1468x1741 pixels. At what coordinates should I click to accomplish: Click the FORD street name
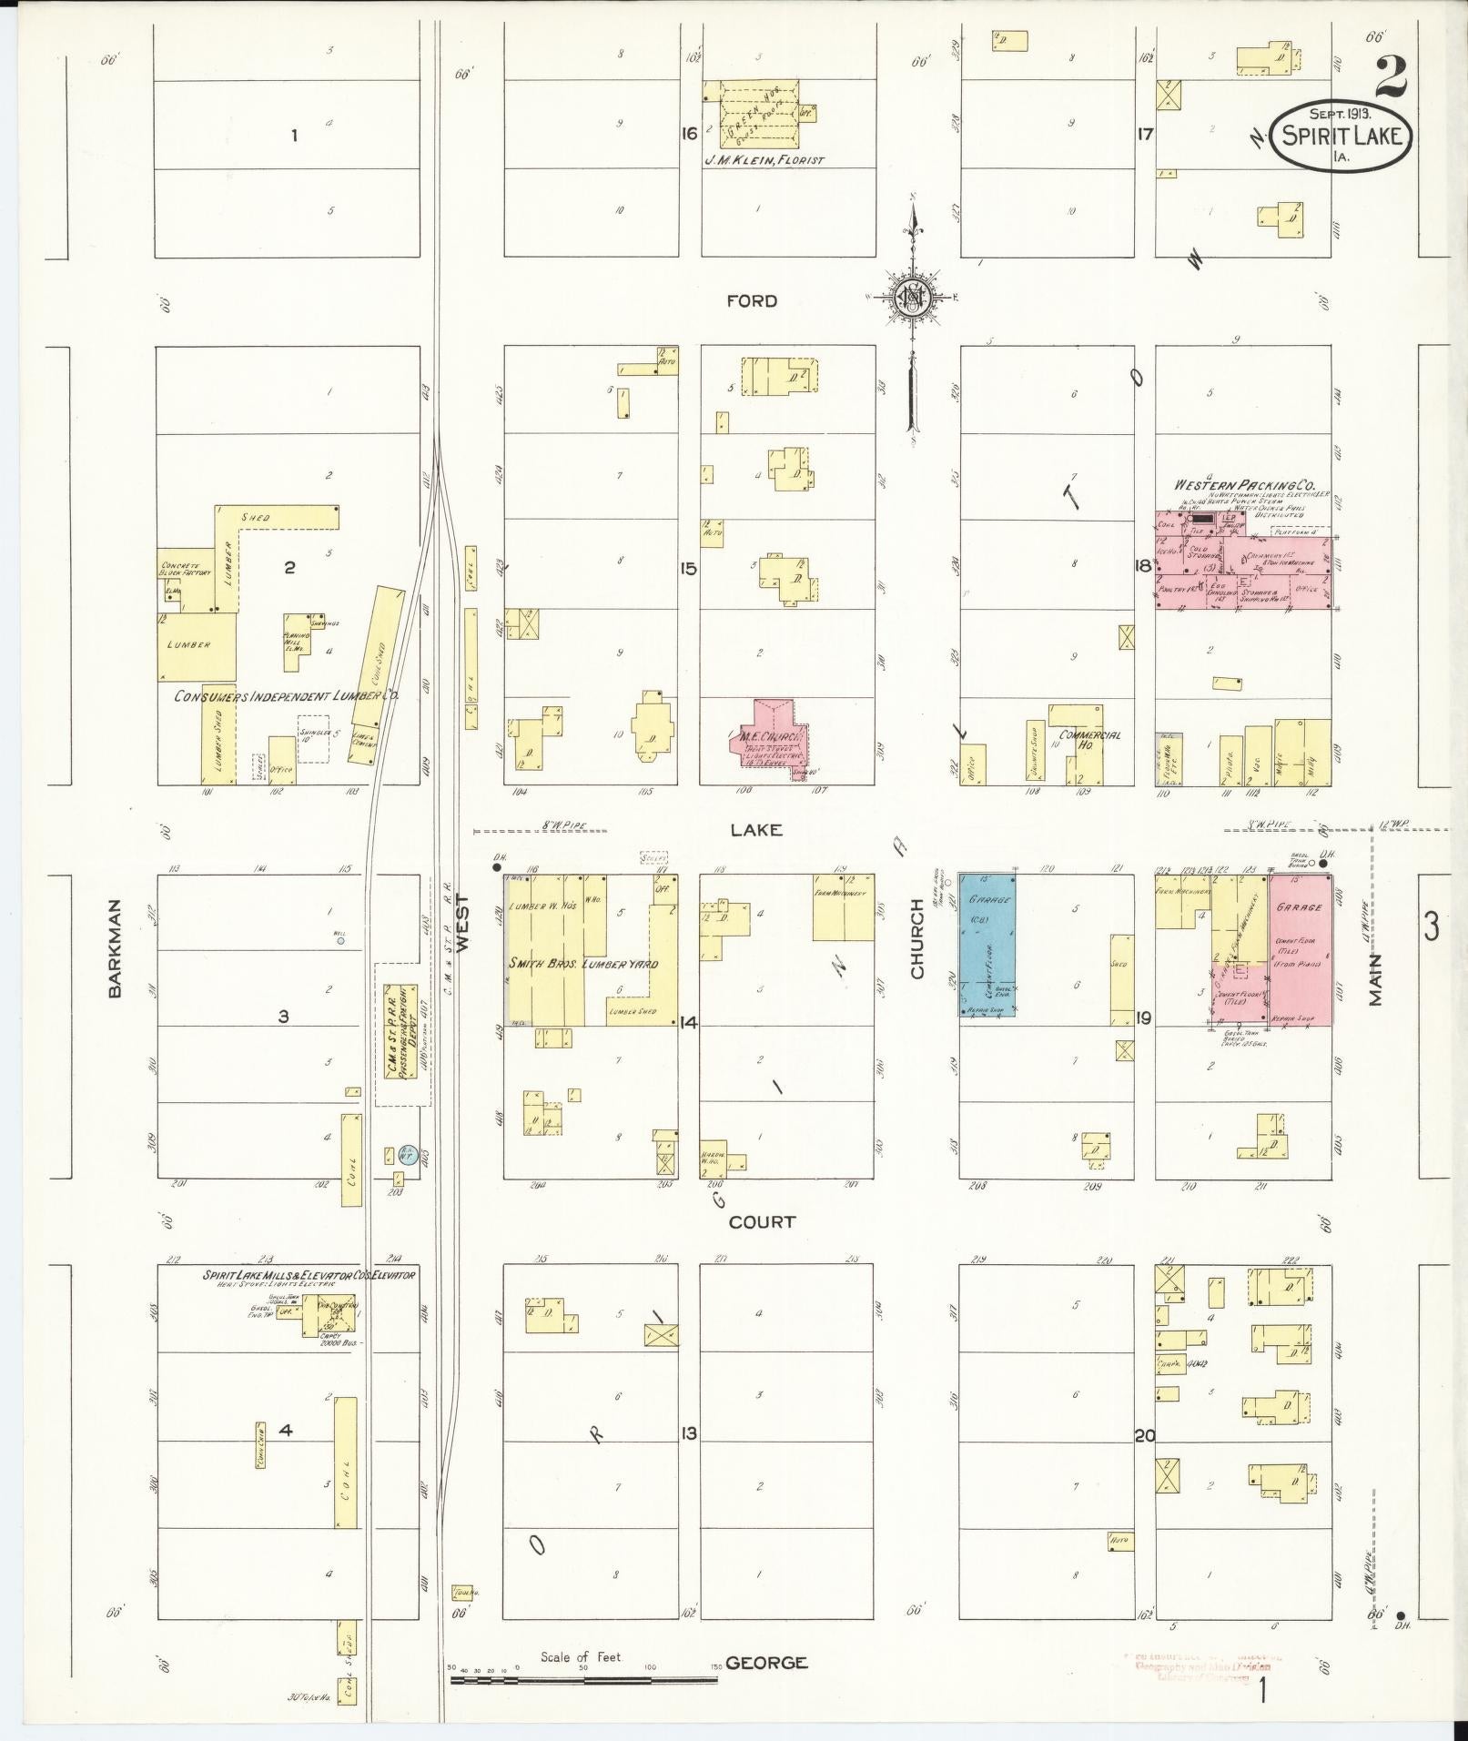coord(752,301)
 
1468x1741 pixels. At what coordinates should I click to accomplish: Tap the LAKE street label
coord(756,829)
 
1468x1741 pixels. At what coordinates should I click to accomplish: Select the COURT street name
coord(762,1222)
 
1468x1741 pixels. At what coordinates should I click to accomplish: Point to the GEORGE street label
coord(767,1663)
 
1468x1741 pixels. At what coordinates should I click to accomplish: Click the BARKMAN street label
coord(115,950)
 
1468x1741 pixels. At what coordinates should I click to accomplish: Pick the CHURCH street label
coord(916,939)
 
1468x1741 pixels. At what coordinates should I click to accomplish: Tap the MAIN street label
coord(1375,979)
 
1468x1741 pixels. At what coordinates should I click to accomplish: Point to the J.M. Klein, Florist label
coord(764,160)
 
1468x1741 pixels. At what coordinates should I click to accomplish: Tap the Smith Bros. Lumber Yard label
coord(583,963)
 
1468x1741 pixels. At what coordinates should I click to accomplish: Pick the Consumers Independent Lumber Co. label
coord(287,695)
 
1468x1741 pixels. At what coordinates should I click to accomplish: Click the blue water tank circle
coord(408,1156)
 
